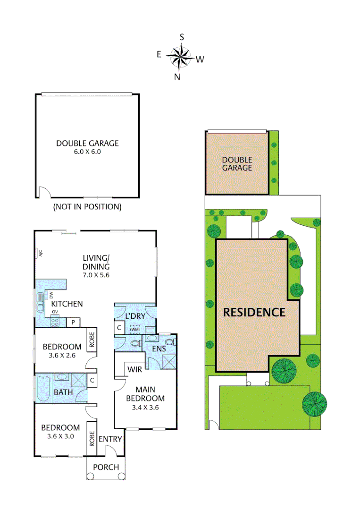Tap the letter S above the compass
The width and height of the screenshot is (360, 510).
click(x=182, y=37)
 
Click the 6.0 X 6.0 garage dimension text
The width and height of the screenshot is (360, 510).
click(x=88, y=152)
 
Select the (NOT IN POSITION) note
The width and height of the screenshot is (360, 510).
click(x=87, y=206)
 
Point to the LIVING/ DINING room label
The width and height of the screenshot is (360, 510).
click(x=96, y=266)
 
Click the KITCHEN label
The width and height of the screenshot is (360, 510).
click(x=67, y=304)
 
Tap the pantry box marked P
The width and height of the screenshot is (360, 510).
click(x=73, y=322)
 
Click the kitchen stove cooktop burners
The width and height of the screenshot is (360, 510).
click(x=55, y=323)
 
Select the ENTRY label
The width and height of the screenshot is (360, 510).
click(x=110, y=439)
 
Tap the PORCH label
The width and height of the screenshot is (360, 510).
click(x=106, y=467)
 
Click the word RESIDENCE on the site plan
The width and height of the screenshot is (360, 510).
click(x=254, y=312)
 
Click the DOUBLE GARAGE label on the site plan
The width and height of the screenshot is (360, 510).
click(x=237, y=164)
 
